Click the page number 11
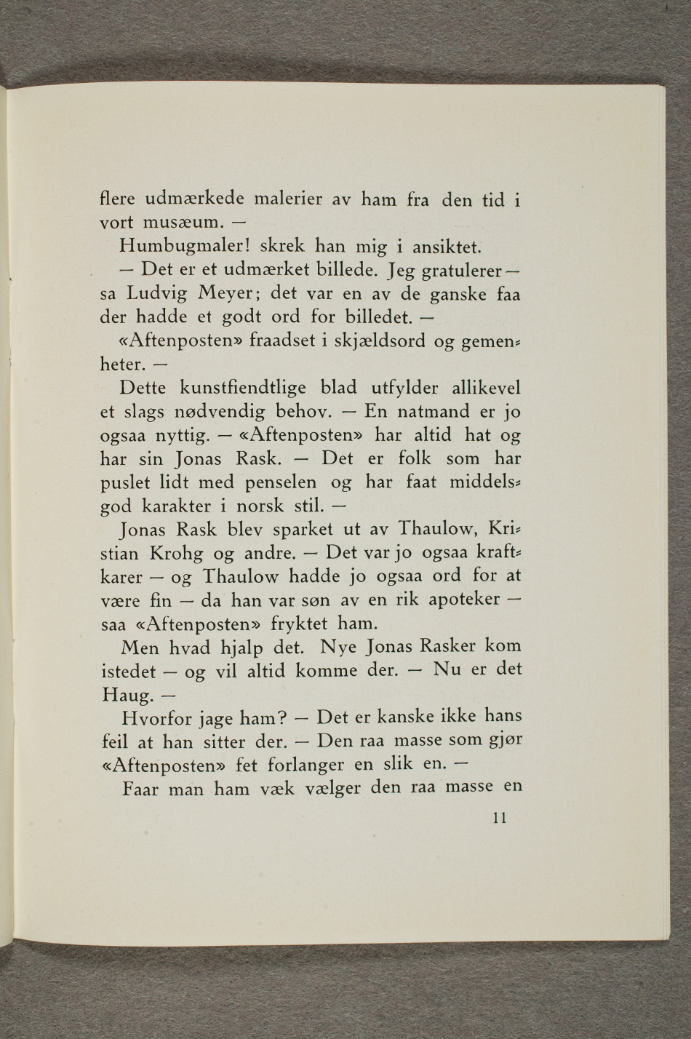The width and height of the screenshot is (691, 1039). (499, 817)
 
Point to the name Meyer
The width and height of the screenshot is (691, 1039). (228, 295)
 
